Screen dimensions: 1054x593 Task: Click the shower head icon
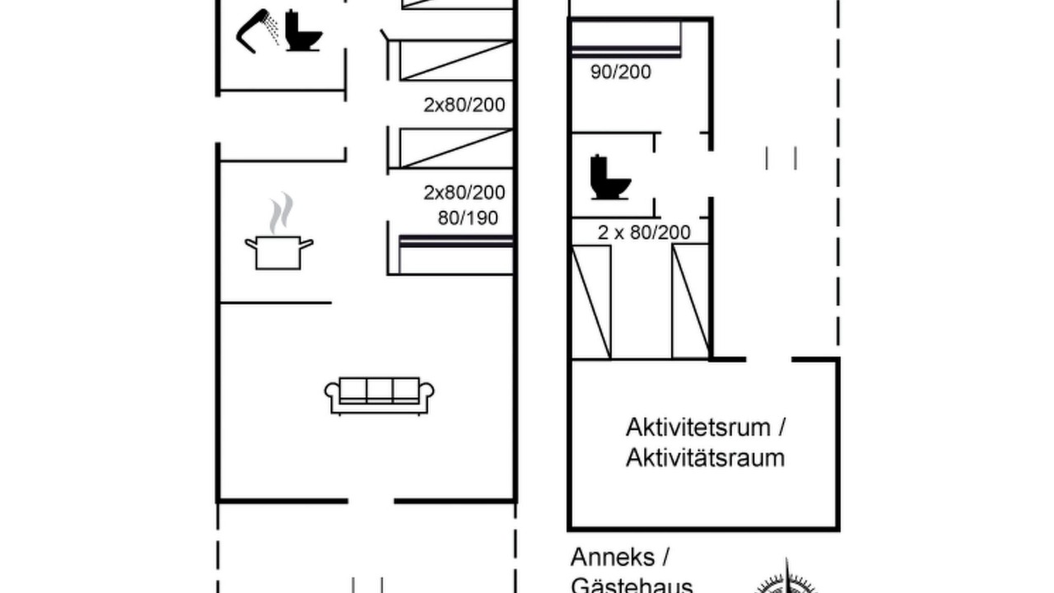point(256,30)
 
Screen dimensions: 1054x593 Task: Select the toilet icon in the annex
point(610,177)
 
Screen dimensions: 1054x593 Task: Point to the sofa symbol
point(380,396)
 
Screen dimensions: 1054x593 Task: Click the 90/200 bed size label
point(621,72)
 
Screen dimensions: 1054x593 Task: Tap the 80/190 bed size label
point(468,218)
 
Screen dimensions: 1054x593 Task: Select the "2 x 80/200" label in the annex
point(644,232)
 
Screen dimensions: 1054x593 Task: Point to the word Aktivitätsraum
point(705,457)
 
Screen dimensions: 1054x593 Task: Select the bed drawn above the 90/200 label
point(626,39)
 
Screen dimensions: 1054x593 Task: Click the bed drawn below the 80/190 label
point(456,254)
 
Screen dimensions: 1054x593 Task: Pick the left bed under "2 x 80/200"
point(591,301)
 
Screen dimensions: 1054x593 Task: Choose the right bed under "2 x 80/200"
point(690,301)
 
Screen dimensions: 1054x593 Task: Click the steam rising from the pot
point(281,212)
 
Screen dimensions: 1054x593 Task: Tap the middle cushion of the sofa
point(380,390)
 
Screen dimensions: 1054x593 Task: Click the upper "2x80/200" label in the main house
point(464,105)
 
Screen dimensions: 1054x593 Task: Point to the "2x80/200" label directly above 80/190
point(464,192)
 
